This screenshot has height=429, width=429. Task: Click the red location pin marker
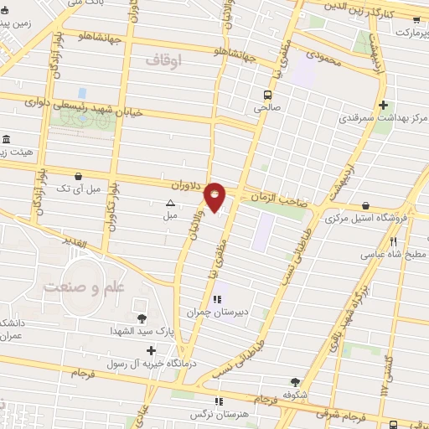click(215, 196)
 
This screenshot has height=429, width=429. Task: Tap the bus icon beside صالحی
click(267, 95)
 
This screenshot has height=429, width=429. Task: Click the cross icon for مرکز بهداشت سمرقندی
click(384, 105)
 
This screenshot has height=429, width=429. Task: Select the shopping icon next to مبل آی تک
click(78, 177)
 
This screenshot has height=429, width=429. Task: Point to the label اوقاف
click(163, 60)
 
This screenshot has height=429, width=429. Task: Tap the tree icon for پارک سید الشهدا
click(141, 317)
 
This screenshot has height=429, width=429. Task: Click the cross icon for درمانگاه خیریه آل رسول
click(150, 349)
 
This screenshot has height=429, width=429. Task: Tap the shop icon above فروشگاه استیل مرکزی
click(366, 206)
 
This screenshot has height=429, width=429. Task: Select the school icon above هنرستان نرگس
click(220, 401)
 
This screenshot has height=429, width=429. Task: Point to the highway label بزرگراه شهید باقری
click(354, 304)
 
